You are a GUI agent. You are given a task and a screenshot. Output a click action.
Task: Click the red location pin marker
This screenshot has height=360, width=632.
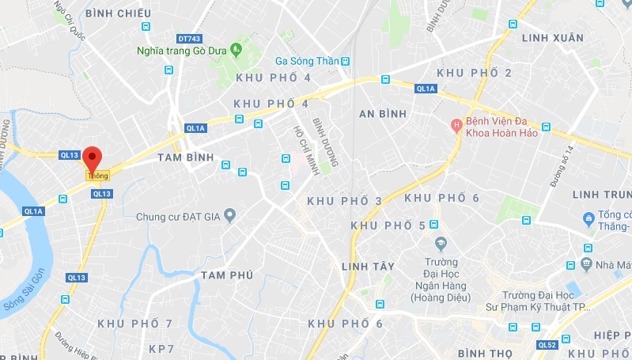point(93,157)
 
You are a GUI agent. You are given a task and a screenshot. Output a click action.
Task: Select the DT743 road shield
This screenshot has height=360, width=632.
point(189,37)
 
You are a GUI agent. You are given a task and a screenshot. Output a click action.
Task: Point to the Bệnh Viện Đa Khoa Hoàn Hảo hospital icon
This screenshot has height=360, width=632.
point(456,126)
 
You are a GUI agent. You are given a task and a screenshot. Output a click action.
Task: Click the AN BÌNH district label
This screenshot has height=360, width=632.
point(382,114)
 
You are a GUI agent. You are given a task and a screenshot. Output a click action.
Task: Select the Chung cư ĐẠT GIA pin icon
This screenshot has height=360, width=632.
point(229,214)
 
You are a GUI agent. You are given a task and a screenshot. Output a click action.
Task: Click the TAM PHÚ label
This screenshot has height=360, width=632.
point(227,275)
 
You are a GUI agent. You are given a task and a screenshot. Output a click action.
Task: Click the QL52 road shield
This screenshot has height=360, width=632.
point(547,345)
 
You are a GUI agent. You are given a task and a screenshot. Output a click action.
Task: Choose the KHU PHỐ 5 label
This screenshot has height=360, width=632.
point(388,225)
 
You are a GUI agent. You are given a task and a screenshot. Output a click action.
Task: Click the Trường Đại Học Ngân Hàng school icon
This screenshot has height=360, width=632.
point(441,243)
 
